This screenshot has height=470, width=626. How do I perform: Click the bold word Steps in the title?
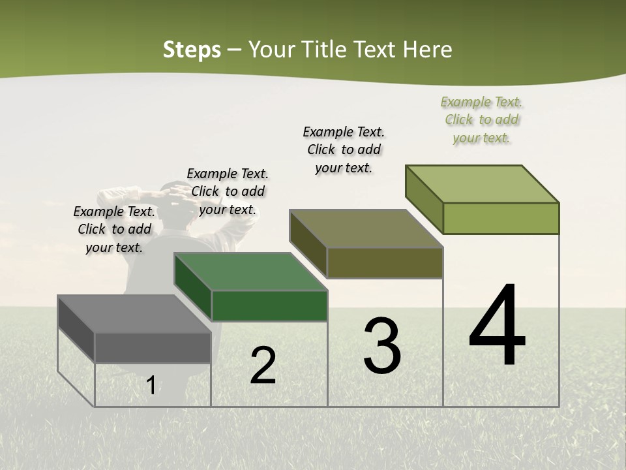[x=192, y=50]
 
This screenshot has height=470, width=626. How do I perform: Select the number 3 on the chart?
[x=381, y=346]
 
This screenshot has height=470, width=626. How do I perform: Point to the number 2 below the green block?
[x=263, y=366]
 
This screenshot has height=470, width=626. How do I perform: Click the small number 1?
[x=151, y=386]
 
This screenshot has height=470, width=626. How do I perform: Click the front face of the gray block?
[x=153, y=348]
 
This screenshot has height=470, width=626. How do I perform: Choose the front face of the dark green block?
[x=269, y=305]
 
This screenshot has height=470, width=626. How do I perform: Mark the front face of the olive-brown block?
[x=385, y=263]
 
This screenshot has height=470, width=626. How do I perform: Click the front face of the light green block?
[x=501, y=218]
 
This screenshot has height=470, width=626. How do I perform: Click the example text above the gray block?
[x=114, y=229]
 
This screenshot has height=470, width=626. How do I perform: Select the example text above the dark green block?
[x=228, y=191]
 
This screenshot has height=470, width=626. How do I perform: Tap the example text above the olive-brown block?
[x=344, y=149]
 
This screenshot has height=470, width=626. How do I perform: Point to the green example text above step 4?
[x=481, y=119]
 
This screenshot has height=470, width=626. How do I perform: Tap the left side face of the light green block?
[x=425, y=200]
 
